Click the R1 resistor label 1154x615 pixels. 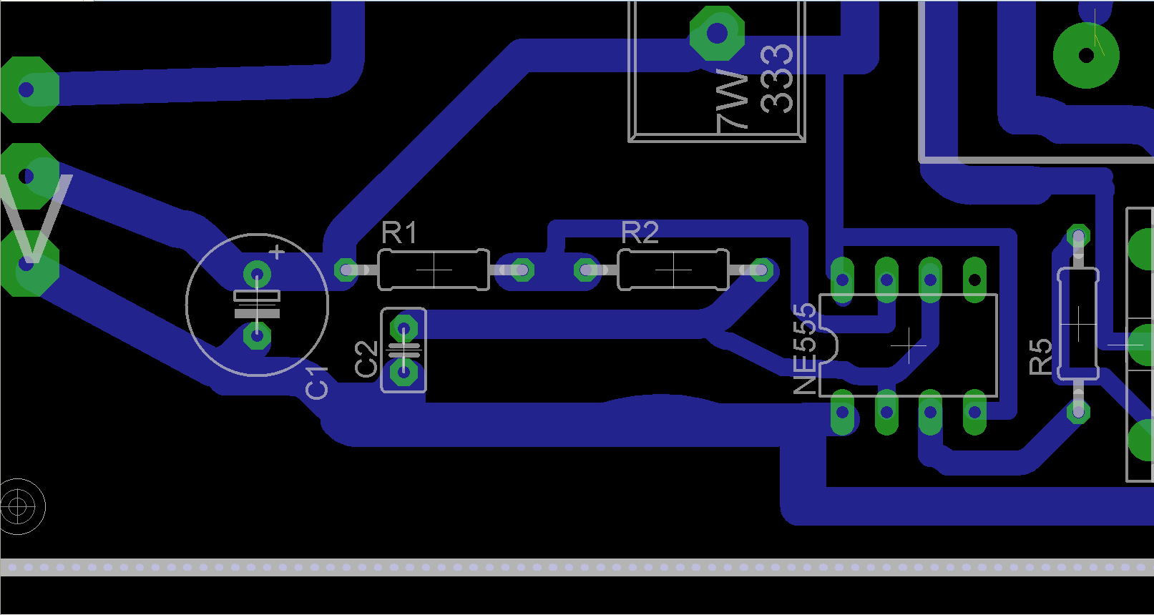(x=398, y=233)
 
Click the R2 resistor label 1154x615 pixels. (x=640, y=233)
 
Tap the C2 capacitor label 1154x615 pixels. (x=366, y=358)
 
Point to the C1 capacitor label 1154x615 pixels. (x=316, y=382)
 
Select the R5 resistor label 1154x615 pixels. (x=1040, y=357)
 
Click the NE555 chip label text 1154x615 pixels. (x=805, y=348)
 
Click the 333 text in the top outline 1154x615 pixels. (x=777, y=78)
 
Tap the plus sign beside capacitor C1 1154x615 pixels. (x=277, y=252)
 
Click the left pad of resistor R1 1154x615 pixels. (x=347, y=270)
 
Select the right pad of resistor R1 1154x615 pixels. (x=522, y=270)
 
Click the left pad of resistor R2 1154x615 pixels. (x=587, y=270)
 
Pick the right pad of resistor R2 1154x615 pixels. (x=761, y=270)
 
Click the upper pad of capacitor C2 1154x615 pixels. (x=404, y=329)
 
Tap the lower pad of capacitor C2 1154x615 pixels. (x=404, y=372)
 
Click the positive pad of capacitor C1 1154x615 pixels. (x=257, y=273)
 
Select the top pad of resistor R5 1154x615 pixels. (x=1078, y=237)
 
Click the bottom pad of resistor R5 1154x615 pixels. (x=1078, y=411)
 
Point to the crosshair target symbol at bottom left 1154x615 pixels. (x=19, y=507)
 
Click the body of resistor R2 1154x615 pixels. (x=673, y=270)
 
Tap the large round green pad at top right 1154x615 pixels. (x=1086, y=55)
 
